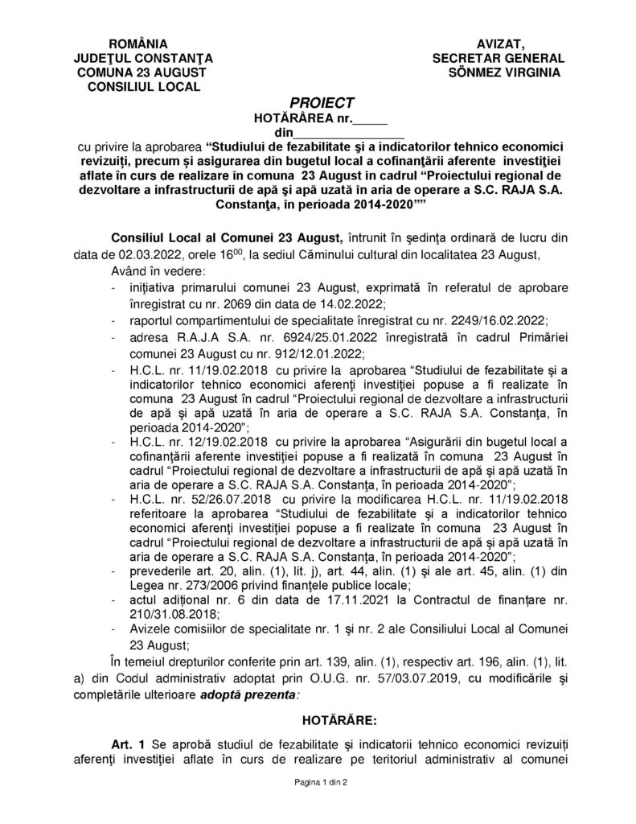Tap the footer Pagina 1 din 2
click(x=318, y=782)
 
